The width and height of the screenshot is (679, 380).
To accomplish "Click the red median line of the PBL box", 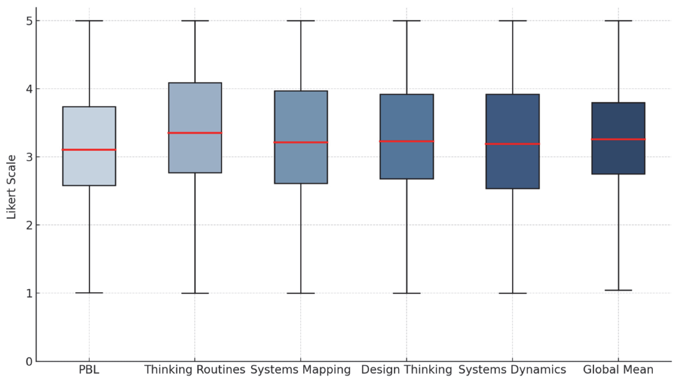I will pos(89,150).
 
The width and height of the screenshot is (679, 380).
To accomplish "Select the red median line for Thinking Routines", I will pos(195,133).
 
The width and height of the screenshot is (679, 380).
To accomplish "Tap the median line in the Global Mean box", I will pos(618,139).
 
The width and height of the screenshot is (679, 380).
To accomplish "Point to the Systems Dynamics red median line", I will pos(512,144).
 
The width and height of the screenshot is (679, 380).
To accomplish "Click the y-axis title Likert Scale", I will pos(11,187).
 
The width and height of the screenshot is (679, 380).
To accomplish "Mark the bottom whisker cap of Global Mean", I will pos(618,290).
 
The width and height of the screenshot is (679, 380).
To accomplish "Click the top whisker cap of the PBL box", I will pos(89,21).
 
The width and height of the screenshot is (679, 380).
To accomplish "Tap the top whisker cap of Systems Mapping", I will pos(301,21).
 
